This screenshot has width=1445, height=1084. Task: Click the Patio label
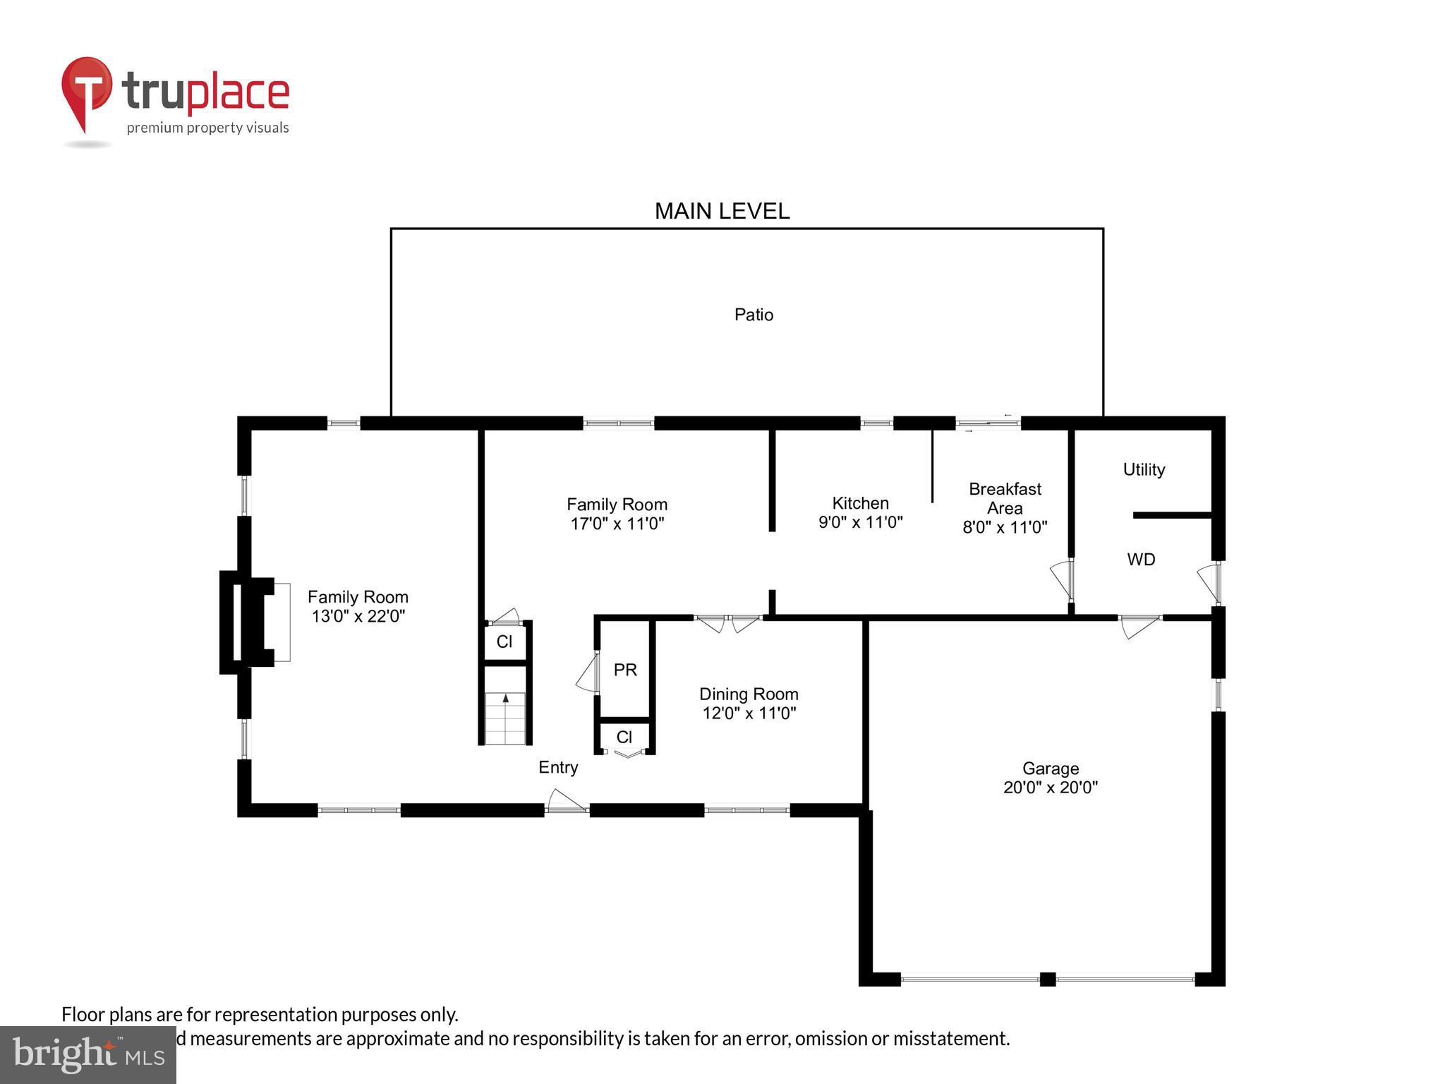754,315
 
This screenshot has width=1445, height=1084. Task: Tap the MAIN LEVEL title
722,211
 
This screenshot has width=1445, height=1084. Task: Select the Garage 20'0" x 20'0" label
1050,778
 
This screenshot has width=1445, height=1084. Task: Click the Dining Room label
749,704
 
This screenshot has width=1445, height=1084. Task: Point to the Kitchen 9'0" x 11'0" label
860,512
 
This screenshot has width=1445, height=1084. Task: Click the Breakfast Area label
1005,507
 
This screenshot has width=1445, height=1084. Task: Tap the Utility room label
1144,469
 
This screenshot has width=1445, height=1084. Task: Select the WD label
1141,560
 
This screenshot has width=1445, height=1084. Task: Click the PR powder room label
625,670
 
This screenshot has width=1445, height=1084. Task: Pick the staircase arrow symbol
505,699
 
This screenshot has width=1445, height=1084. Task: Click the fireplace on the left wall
247,622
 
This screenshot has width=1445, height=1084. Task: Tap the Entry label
558,767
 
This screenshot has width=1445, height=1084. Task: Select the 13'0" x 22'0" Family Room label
358,607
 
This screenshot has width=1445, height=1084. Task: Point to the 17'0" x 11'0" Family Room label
617,514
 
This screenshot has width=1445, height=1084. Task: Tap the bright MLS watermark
88,1054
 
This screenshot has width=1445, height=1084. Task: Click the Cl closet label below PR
624,737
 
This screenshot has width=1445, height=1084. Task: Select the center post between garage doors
1048,979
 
